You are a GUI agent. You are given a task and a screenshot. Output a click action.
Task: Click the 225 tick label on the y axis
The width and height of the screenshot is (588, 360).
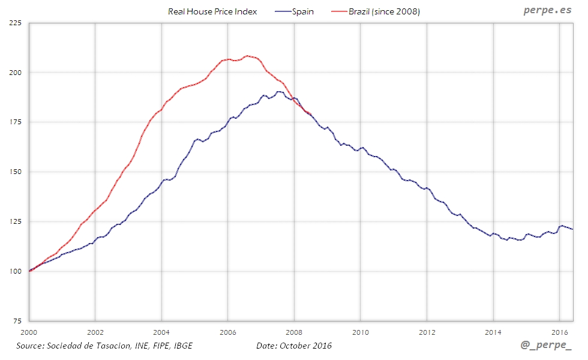(14, 23)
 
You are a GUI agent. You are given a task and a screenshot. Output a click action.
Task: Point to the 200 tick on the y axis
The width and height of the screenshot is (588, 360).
(14, 73)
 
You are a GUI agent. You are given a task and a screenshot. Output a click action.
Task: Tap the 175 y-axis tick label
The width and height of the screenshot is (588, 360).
(14, 122)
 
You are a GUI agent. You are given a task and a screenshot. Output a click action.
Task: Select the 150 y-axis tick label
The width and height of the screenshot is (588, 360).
(14, 172)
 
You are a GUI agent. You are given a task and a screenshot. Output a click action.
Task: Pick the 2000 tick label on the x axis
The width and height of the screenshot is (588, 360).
(29, 332)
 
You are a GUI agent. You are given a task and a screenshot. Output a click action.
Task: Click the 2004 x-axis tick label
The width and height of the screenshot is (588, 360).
(161, 332)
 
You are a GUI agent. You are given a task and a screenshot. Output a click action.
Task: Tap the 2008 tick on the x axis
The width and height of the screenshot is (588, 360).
(294, 332)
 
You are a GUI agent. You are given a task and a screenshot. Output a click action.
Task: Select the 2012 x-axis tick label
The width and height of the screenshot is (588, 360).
(427, 332)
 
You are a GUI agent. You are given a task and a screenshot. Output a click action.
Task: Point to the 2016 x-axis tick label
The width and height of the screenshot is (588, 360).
(559, 332)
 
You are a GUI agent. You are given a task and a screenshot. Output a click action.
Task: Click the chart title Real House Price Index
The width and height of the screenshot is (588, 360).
(212, 11)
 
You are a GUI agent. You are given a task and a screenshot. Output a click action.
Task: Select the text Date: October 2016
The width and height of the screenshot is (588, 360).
(293, 346)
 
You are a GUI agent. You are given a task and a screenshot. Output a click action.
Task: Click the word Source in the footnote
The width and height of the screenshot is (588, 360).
(30, 346)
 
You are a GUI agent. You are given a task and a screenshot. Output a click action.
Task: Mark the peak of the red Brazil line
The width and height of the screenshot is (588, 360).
(248, 55)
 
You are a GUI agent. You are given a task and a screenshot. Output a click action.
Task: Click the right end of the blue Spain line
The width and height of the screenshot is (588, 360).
(573, 229)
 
